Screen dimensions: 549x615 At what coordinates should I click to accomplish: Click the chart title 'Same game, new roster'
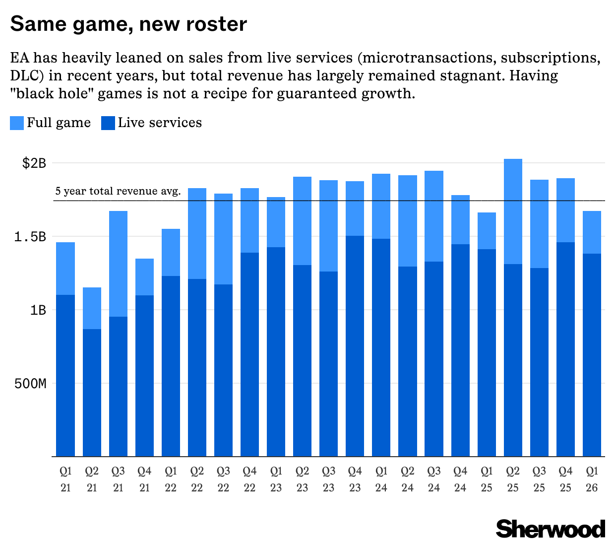[x=128, y=24]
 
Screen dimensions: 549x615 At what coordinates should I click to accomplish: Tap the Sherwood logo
[x=551, y=529]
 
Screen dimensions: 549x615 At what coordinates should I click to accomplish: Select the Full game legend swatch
[x=17, y=123]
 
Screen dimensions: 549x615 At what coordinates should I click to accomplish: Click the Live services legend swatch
[x=108, y=123]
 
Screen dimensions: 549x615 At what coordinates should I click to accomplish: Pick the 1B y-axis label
[x=37, y=310]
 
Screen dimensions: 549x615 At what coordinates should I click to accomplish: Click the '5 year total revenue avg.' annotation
[x=118, y=191]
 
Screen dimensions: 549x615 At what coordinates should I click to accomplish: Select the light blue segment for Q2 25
[x=513, y=211]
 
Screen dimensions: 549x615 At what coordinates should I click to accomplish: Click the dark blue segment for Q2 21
[x=92, y=392]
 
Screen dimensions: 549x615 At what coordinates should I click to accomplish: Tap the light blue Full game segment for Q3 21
[x=118, y=264]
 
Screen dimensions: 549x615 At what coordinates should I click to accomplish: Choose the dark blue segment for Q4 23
[x=355, y=346]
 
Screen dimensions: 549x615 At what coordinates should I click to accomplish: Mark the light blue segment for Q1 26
[x=592, y=232]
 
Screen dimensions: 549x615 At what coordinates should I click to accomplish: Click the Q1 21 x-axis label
[x=65, y=479]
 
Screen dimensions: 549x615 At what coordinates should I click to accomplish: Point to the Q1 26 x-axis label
[x=592, y=479]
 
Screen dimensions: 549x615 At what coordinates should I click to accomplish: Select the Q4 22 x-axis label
[x=249, y=479]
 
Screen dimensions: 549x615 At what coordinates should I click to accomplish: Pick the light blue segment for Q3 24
[x=434, y=216]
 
